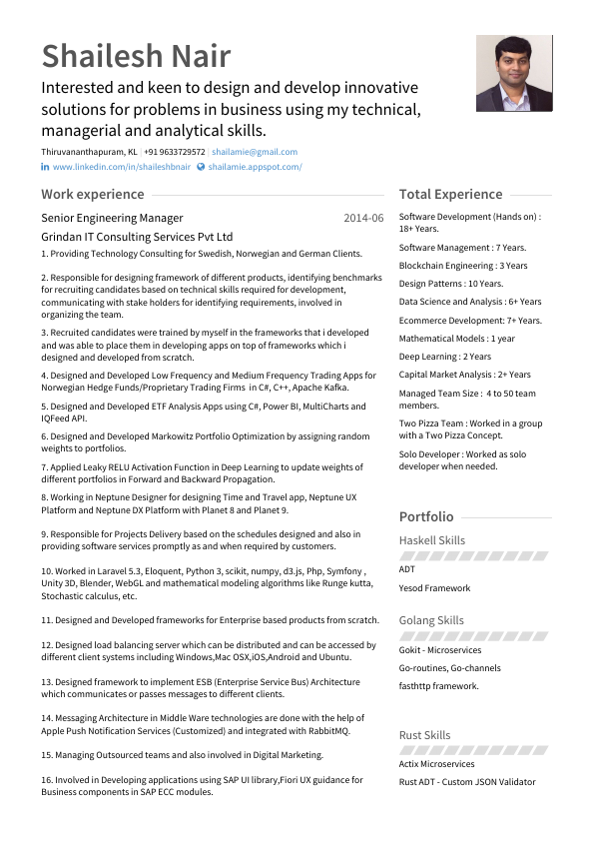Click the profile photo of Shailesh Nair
tap(513, 74)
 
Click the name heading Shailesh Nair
tap(136, 56)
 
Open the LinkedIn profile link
tap(121, 167)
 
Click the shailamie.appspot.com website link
tap(255, 167)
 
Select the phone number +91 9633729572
tap(175, 152)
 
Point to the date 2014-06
tap(363, 218)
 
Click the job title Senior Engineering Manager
tap(112, 218)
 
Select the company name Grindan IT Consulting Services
tap(137, 237)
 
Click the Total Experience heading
tap(450, 194)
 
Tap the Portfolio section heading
tap(426, 516)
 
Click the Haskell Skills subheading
tap(432, 540)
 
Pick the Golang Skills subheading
tap(431, 620)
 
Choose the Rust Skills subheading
tap(424, 735)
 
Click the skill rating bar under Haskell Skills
tap(474, 555)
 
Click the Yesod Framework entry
tap(434, 588)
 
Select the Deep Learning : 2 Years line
tap(445, 357)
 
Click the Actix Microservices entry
tap(436, 764)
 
